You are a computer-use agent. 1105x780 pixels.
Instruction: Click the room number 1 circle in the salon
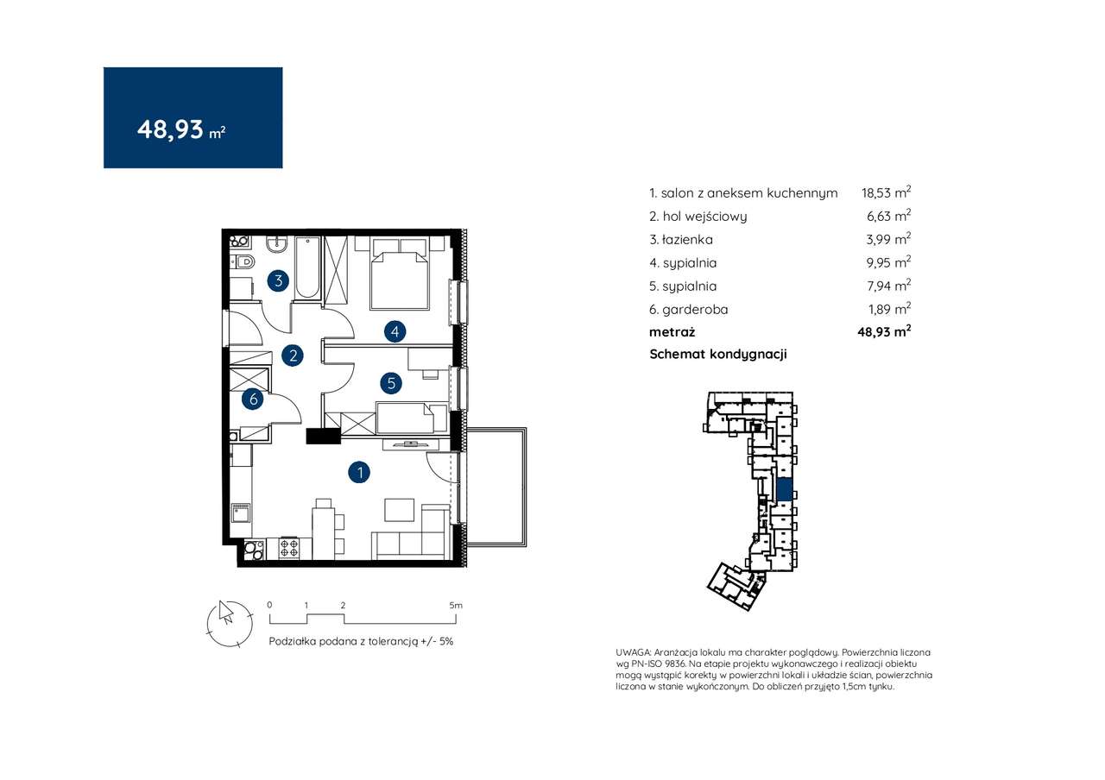point(359,472)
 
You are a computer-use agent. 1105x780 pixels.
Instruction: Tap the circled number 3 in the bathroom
point(278,281)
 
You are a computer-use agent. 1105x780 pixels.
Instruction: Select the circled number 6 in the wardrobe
point(253,399)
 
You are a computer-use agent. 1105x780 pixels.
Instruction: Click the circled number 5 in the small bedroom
point(391,383)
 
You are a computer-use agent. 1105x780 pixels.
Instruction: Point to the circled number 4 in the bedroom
point(395,332)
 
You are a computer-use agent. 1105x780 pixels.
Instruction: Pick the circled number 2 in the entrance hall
point(293,355)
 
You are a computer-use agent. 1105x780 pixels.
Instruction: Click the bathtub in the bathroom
point(306,267)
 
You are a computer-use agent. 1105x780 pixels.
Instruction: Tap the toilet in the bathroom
point(243,262)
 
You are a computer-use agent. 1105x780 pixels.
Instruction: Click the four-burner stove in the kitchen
point(289,548)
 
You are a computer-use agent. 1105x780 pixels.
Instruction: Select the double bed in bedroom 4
point(400,274)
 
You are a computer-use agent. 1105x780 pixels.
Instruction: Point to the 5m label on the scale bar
point(456,606)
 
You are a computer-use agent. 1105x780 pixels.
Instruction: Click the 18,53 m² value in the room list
point(886,192)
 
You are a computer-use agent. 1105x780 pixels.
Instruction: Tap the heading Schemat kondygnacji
point(717,355)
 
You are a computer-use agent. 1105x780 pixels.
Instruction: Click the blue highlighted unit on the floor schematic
point(785,489)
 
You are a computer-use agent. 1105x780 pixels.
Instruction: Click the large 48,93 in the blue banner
point(170,130)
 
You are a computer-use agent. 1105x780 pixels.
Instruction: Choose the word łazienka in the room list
point(688,240)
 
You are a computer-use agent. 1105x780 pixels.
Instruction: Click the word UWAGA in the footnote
point(633,652)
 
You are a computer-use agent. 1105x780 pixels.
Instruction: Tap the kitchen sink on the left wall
point(241,513)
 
